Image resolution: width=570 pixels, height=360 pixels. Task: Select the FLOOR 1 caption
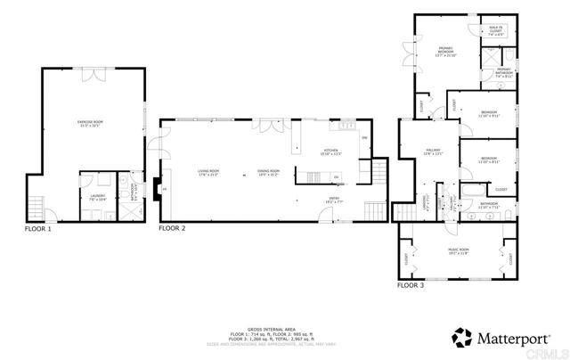tap(37, 229)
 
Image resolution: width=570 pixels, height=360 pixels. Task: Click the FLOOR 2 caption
tap(172, 229)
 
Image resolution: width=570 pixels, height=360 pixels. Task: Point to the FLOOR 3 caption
tap(411, 285)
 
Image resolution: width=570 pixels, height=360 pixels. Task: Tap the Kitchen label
tap(331, 151)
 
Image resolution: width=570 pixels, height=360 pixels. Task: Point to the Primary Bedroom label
tap(446, 52)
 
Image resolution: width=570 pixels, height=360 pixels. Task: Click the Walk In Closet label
tap(495, 31)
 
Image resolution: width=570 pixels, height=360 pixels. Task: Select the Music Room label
tap(457, 252)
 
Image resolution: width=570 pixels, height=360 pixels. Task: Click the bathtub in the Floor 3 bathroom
tap(471, 191)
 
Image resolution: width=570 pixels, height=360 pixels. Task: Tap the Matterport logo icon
tap(461, 338)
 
